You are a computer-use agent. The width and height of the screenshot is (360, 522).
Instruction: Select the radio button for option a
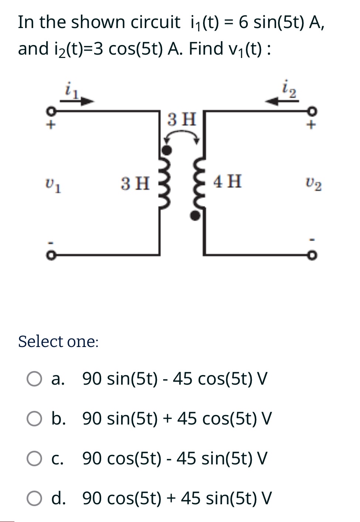click(34, 379)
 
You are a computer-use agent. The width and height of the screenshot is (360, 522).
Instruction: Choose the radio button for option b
click(34, 419)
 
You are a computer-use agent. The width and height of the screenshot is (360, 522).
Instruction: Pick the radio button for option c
click(34, 459)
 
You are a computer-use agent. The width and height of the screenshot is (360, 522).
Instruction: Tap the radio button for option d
click(34, 498)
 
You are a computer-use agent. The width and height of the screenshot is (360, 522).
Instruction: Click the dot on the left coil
click(167, 150)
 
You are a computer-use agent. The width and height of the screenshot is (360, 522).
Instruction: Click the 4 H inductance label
click(227, 181)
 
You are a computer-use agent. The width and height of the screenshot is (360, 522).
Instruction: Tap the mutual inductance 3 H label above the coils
click(182, 119)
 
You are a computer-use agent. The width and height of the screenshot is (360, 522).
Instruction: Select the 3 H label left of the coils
click(136, 183)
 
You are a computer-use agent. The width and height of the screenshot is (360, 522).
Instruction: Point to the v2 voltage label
click(313, 183)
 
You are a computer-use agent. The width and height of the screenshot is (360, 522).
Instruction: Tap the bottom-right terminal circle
click(312, 256)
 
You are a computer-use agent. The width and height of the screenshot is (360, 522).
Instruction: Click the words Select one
click(58, 341)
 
